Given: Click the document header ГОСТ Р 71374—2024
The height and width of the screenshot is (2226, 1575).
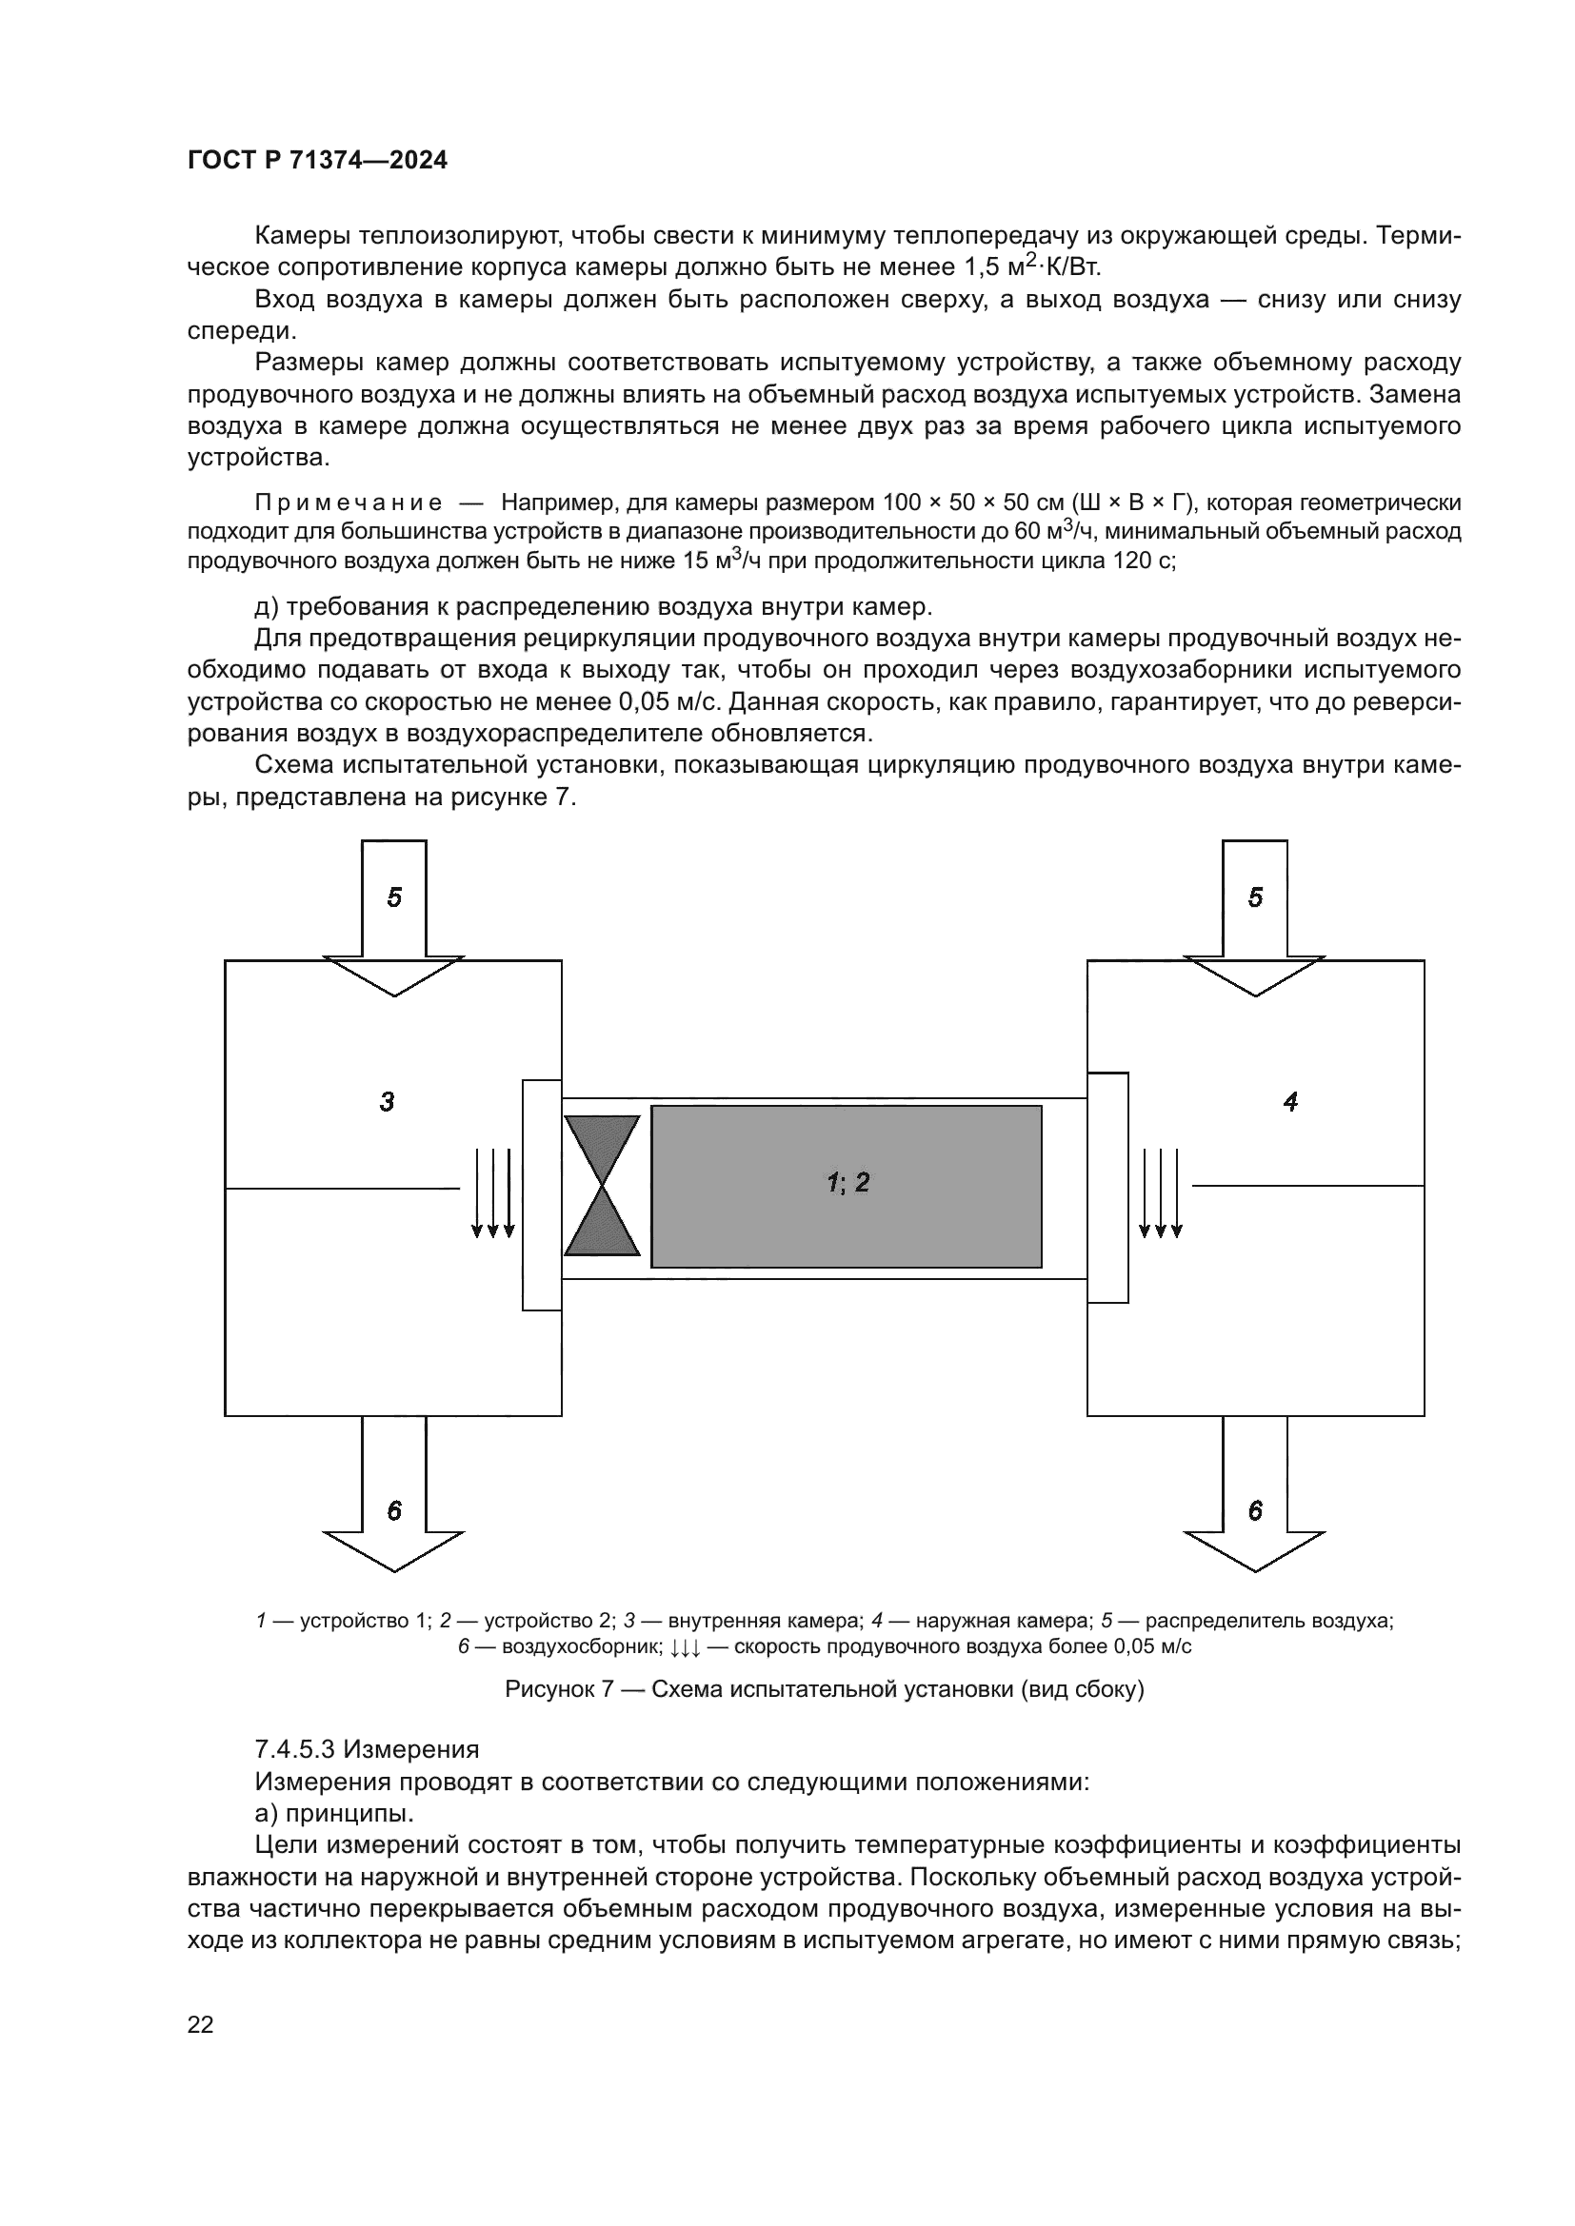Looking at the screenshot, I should [x=317, y=161].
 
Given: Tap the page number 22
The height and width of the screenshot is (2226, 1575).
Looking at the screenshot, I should [x=200, y=2024].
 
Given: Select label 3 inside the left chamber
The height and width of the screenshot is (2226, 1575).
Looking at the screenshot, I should [x=387, y=1101].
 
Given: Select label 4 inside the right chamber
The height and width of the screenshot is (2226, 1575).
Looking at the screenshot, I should [x=1290, y=1101].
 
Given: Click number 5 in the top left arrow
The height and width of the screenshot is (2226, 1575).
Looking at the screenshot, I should [x=394, y=897].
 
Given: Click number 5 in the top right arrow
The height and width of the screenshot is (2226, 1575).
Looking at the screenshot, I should [x=1255, y=897].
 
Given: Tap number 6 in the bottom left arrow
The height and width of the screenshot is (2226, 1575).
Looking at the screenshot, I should [x=394, y=1510].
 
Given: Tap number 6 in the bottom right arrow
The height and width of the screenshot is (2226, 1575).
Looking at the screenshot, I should [x=1255, y=1510].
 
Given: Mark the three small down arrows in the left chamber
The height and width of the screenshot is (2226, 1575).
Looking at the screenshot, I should [x=492, y=1193].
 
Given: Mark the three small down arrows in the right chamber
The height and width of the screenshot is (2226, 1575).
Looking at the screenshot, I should [x=1161, y=1193].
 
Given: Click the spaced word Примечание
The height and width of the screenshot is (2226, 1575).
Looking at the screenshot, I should [x=349, y=503].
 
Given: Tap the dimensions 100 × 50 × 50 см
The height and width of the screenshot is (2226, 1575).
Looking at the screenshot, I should [x=975, y=503].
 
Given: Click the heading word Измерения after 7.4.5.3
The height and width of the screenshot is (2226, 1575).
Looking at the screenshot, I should [x=411, y=1749].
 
